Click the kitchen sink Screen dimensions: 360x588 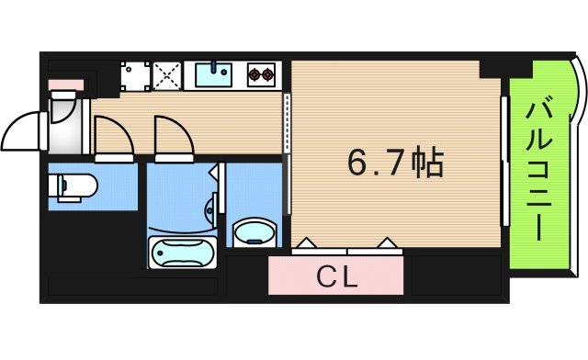[x=213, y=73]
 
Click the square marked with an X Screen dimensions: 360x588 [x=166, y=74]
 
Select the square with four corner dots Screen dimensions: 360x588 [x=135, y=74]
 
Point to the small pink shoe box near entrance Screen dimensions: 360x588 [x=65, y=85]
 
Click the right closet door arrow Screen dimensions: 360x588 [x=387, y=243]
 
